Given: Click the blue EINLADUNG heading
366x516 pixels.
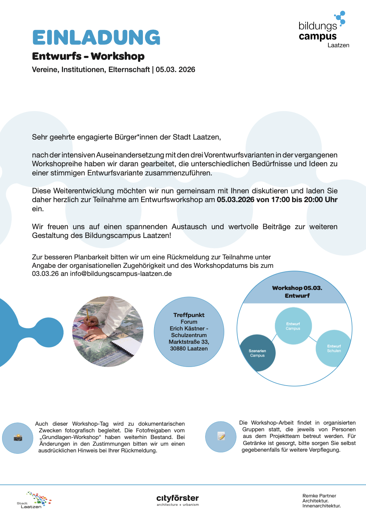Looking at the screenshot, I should pos(96,38).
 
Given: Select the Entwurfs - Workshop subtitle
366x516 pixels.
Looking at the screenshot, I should pos(88,56).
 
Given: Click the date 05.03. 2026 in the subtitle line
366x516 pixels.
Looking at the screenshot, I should pos(175,70).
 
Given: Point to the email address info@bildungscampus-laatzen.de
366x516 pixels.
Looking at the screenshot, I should pos(121,274).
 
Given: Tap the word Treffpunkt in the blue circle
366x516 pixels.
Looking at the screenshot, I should pos(189,315).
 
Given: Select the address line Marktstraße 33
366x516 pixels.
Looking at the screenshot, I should pos(189,342).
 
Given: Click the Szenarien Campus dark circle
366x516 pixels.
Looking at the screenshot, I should pos(257,353).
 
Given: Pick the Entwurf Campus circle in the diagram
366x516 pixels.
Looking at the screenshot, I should pos(293,326).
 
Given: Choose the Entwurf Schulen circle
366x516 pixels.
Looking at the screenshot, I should pos(334,348).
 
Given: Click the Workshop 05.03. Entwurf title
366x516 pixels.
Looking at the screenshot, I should pos(297,292).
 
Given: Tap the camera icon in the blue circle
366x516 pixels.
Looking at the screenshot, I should pos(18,438).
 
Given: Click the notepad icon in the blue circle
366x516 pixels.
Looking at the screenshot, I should pos(221,436).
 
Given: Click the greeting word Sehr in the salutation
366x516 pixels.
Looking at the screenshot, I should pos(39,137).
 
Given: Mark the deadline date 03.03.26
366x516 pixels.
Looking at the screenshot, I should pos(45,274).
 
